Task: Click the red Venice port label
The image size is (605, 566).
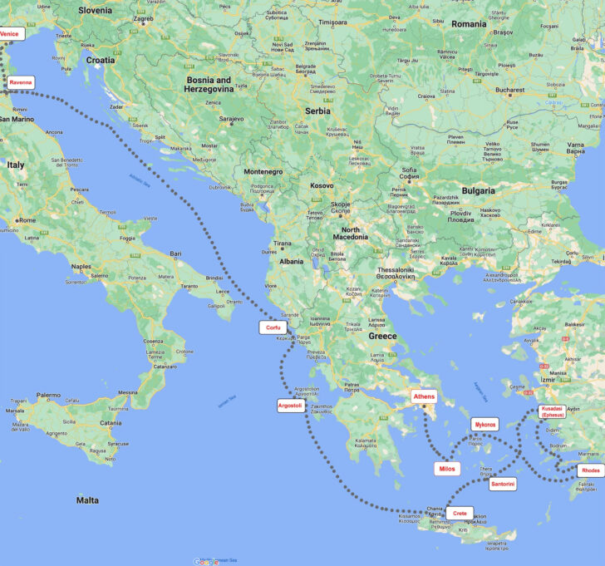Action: (9, 34)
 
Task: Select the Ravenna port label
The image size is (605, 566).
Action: (20, 82)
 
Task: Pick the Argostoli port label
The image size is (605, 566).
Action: (291, 406)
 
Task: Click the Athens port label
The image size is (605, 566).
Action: (424, 396)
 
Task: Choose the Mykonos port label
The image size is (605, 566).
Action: (484, 425)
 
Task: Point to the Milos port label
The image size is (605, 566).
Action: (446, 469)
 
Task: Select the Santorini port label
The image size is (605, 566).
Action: (503, 484)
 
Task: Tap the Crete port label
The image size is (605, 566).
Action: (460, 514)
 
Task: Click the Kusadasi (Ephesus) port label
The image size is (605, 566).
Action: (552, 411)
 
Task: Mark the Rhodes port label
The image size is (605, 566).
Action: (591, 470)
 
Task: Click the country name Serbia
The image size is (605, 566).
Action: (317, 111)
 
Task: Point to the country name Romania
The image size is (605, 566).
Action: (470, 24)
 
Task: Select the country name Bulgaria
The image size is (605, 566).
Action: (478, 190)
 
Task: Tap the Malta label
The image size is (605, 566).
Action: (87, 500)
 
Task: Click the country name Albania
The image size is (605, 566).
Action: (291, 261)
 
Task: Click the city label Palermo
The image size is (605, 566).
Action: (48, 395)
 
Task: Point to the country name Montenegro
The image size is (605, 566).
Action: (263, 171)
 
